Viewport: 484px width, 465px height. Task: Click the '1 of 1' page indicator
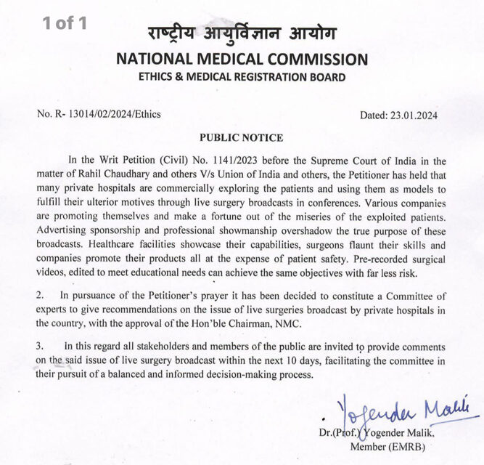(65, 23)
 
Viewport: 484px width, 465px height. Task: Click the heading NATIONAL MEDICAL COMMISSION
(242, 60)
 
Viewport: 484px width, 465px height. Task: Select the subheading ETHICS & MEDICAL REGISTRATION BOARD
(242, 78)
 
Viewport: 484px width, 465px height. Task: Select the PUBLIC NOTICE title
(241, 138)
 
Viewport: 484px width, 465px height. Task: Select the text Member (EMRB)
(387, 447)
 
